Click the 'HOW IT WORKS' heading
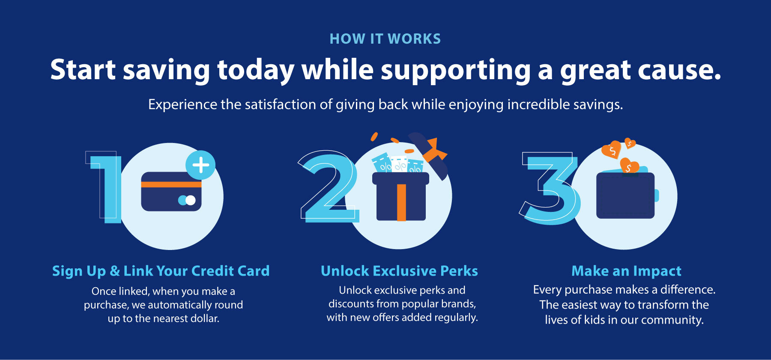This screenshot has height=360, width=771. click(385, 39)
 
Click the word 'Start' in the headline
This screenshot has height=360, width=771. click(83, 69)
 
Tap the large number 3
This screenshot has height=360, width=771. click(550, 188)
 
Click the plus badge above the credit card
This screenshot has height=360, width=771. click(200, 165)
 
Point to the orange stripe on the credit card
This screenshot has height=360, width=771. click(171, 184)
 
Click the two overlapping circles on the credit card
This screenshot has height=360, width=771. click(187, 200)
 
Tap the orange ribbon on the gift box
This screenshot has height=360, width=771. click(401, 202)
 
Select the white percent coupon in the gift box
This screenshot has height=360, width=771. click(399, 164)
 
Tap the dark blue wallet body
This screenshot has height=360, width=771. click(625, 196)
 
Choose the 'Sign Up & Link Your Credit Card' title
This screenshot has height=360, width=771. click(161, 271)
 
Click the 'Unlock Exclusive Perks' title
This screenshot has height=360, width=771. click(399, 271)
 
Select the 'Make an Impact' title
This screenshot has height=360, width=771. click(626, 271)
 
